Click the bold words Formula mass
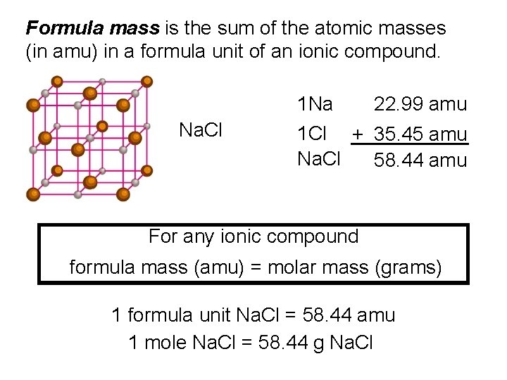coord(92,28)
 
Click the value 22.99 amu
coord(420,105)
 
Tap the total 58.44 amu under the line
coord(420,160)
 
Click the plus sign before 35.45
coord(358,134)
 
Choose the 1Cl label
coord(313,134)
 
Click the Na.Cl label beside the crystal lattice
coord(201,130)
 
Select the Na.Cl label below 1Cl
coord(318,160)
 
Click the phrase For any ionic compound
coord(254,236)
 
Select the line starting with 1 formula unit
coord(254,315)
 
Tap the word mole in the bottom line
coord(165,343)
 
